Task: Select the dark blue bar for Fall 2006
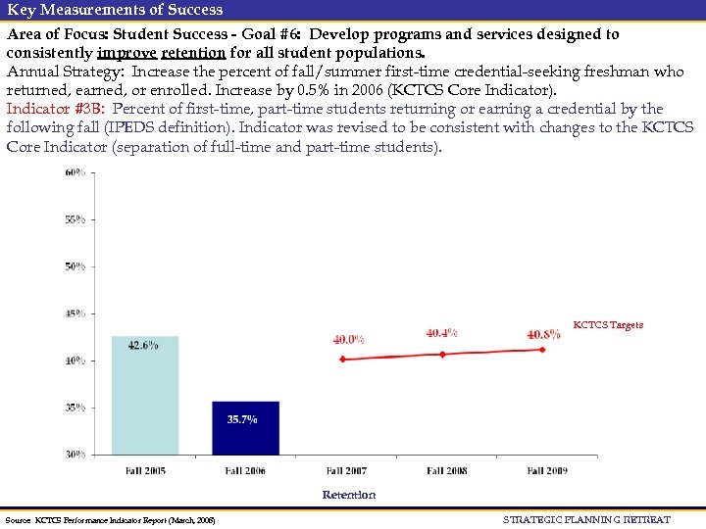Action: (x=245, y=428)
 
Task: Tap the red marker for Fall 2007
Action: (x=342, y=360)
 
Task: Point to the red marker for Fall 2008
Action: (x=442, y=354)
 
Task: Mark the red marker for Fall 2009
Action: (x=542, y=350)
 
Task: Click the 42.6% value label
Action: (x=143, y=345)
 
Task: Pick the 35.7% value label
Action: (x=242, y=419)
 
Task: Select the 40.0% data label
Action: (x=348, y=340)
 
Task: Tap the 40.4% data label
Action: (x=441, y=333)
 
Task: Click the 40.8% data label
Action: (x=543, y=334)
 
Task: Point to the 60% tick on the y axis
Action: (x=75, y=172)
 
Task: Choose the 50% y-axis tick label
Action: (x=75, y=266)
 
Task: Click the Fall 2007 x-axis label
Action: (x=346, y=471)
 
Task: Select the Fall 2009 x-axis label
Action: (x=547, y=471)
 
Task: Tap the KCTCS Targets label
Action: (x=608, y=325)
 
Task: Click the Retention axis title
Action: (x=349, y=495)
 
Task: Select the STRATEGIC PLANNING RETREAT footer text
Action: (x=586, y=519)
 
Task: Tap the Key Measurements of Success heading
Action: (x=115, y=10)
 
